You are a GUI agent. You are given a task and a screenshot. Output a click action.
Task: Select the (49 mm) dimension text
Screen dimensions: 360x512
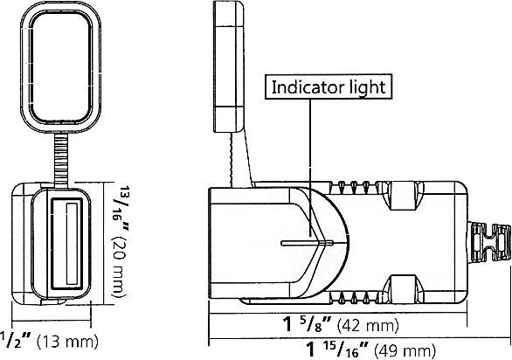pyautogui.click(x=403, y=350)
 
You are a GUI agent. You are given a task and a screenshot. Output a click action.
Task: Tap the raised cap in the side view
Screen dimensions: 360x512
pyautogui.click(x=230, y=57)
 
